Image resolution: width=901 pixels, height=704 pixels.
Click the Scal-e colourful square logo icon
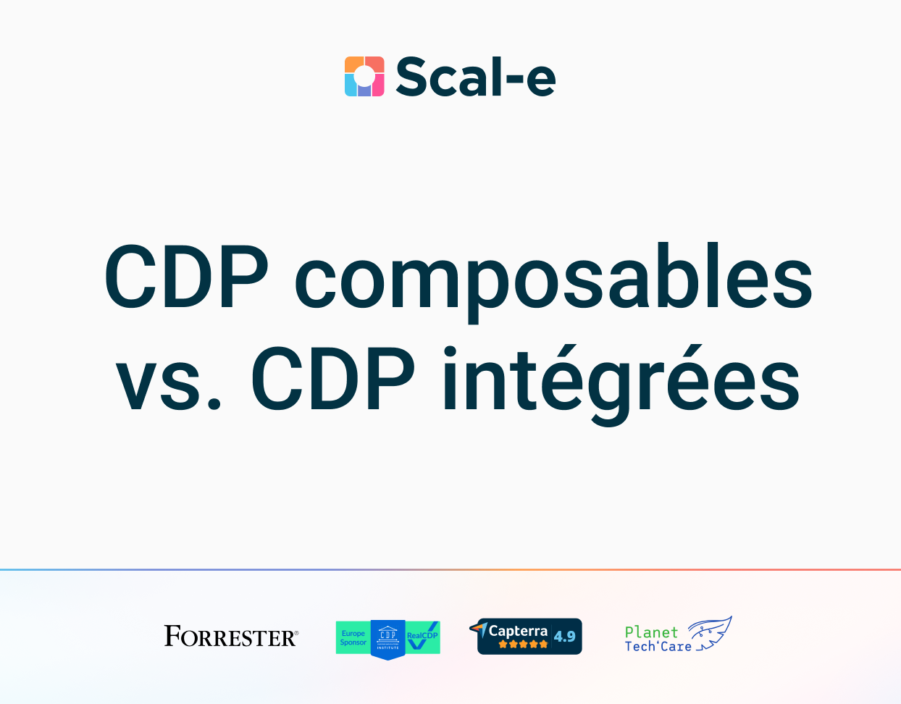(364, 76)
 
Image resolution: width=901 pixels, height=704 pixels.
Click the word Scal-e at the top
(475, 77)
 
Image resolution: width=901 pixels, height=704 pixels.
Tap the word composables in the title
(553, 278)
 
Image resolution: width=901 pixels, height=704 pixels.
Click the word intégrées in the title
(621, 382)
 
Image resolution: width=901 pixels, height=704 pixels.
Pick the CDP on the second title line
(333, 380)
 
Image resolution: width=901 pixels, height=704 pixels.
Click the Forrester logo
(230, 637)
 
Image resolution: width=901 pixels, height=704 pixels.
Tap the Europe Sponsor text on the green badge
(353, 638)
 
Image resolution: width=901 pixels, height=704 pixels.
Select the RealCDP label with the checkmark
(422, 637)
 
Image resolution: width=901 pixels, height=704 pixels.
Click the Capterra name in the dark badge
(518, 631)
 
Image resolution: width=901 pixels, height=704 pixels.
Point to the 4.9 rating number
(564, 637)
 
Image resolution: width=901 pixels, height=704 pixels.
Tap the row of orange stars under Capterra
(523, 645)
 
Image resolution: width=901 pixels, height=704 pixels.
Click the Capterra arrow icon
(479, 629)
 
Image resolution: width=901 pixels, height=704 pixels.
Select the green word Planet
(651, 632)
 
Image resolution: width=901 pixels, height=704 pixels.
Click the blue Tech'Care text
(658, 646)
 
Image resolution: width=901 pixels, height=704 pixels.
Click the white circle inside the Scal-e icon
(364, 76)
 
